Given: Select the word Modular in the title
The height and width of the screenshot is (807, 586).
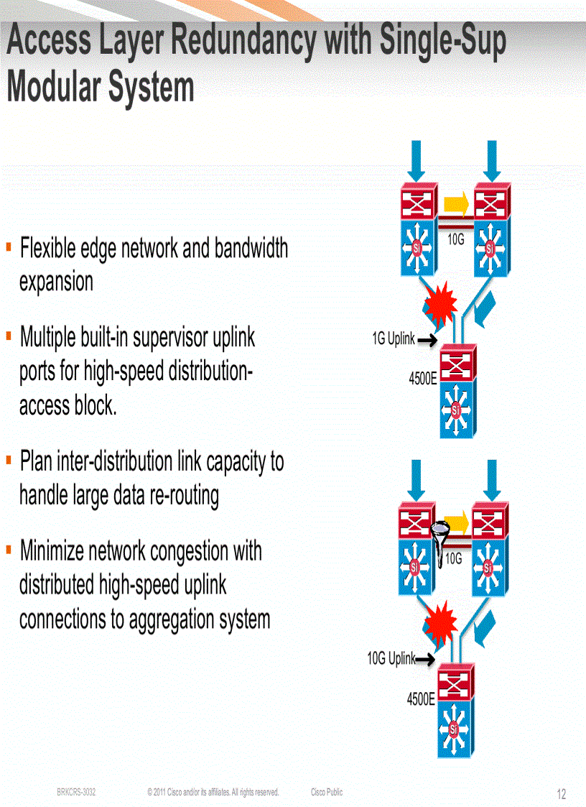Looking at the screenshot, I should click(x=55, y=88).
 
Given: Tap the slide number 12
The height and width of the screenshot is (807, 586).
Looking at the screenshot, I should click(x=562, y=794).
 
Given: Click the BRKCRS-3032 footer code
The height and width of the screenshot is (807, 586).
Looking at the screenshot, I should click(x=77, y=792).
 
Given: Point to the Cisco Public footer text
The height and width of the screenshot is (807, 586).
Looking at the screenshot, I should click(x=327, y=792).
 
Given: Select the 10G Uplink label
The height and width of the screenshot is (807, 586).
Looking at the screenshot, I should click(x=391, y=658).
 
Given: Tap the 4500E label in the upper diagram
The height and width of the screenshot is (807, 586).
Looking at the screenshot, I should click(x=423, y=379).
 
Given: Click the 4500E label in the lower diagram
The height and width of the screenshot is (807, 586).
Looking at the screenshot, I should click(x=421, y=698).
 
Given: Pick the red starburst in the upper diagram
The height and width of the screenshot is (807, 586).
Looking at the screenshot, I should click(x=441, y=302).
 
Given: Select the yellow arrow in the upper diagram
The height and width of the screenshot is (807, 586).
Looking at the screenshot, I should click(x=456, y=202).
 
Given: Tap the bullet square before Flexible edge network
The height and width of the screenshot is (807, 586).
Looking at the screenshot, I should click(x=9, y=246).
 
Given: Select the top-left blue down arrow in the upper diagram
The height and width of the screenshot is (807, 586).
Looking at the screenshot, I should click(x=417, y=160).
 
